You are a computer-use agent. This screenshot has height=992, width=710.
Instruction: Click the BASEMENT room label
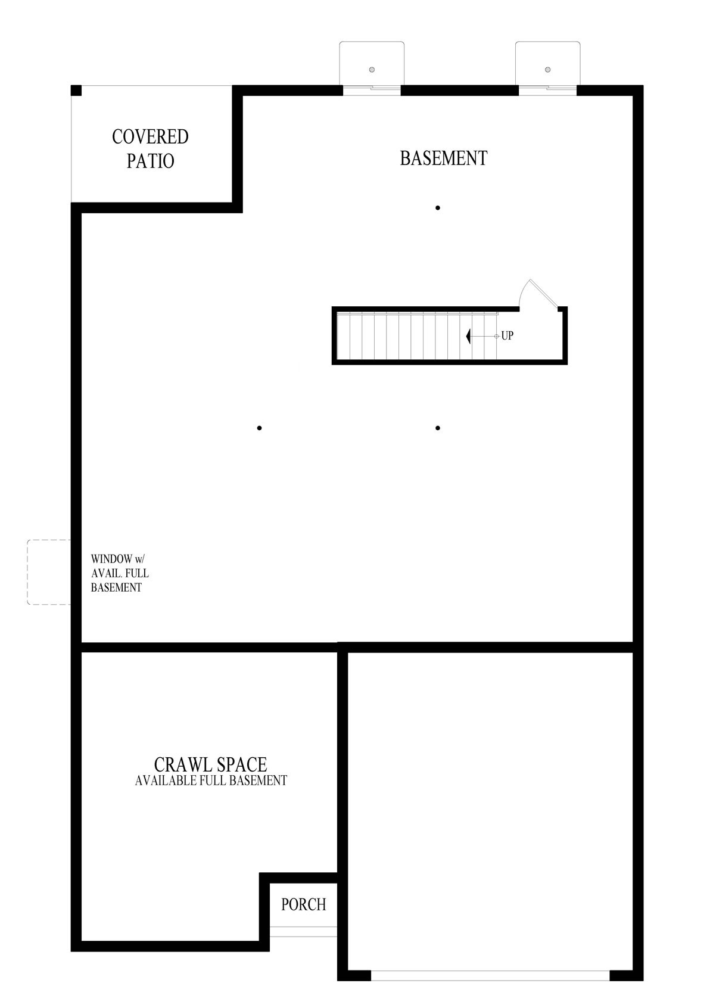coord(443,158)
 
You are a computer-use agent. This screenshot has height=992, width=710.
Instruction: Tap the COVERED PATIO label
coord(150,149)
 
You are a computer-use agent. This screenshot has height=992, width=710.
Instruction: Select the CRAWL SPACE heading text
coord(210,764)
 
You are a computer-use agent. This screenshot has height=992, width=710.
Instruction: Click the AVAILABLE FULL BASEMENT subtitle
coord(211,780)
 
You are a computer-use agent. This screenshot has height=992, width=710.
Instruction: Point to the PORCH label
coord(304,904)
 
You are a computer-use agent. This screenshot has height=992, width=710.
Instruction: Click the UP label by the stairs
coord(507,336)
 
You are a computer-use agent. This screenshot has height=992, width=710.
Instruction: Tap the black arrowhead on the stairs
coord(469,336)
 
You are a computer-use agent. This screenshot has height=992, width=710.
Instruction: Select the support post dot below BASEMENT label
coord(438,208)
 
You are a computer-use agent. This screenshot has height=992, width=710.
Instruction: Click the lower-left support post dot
coord(259,428)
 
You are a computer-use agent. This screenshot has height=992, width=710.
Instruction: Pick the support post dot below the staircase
coord(438,428)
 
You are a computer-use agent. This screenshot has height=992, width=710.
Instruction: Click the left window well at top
coord(372,63)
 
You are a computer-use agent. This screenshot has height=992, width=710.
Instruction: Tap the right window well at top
coord(547,63)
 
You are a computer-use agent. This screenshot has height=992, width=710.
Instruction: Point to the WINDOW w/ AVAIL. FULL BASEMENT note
coord(119,573)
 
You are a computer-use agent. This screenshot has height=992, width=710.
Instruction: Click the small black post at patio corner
coord(76,91)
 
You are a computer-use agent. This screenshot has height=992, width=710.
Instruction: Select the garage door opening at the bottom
coord(490,976)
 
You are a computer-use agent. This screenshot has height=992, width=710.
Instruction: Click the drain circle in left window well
coord(372,70)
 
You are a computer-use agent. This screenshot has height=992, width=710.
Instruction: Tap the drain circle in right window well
coord(547,70)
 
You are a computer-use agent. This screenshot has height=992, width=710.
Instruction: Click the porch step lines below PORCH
coord(303,932)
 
